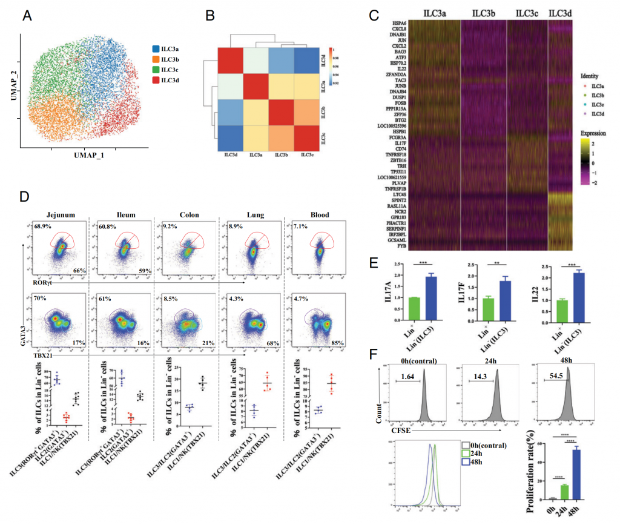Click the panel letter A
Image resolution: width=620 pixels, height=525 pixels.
coord(27,16)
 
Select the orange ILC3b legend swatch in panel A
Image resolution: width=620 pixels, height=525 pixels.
coord(156,59)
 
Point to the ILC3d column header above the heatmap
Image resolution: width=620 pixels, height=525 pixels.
coord(561,13)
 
